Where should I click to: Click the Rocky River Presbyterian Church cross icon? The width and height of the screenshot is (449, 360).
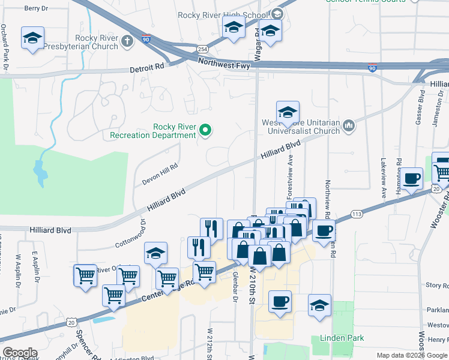pyautogui.click(x=127, y=40)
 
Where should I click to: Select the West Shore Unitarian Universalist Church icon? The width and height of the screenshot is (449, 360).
pyautogui.click(x=349, y=125)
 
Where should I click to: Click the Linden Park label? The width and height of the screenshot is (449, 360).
pyautogui.click(x=342, y=338)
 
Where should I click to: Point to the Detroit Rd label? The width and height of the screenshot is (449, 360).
pyautogui.click(x=146, y=70)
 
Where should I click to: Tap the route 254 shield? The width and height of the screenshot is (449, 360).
pyautogui.click(x=203, y=49)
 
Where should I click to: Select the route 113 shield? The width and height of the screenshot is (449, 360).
pyautogui.click(x=357, y=214)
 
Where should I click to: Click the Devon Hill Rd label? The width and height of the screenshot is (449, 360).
pyautogui.click(x=160, y=175)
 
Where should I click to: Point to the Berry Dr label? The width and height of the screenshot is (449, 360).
pyautogui.click(x=36, y=8)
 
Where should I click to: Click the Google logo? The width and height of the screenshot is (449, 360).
pyautogui.click(x=20, y=353)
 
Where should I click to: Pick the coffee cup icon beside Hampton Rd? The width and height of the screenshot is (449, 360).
pyautogui.click(x=412, y=178)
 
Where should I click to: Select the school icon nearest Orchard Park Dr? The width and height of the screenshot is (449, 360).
pyautogui.click(x=32, y=38)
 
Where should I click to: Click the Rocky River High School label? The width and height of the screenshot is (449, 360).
pyautogui.click(x=223, y=15)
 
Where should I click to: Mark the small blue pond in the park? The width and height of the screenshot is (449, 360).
pyautogui.click(x=40, y=172)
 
